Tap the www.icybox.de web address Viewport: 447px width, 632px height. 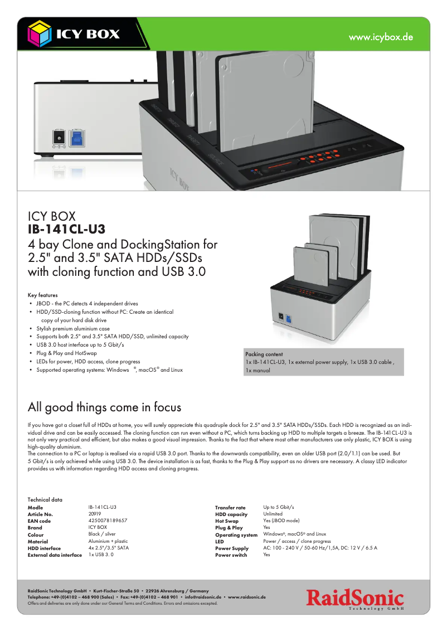(381, 37)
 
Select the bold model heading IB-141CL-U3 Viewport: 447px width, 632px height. (67, 229)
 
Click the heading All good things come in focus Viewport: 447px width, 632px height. (104, 407)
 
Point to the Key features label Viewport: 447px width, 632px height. (42, 295)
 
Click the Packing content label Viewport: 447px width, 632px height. (264, 354)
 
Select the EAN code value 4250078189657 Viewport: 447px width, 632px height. (108, 521)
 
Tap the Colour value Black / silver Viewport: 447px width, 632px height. (102, 534)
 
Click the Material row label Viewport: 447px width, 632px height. (38, 541)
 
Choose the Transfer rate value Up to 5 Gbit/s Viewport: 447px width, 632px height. (278, 507)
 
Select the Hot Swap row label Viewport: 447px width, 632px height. (227, 521)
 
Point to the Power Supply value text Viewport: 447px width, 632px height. (320, 548)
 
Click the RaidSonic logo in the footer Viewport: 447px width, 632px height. (354, 599)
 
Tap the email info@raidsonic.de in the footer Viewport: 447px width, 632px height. (203, 596)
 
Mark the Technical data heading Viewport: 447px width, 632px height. (45, 500)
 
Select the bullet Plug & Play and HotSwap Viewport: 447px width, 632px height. (66, 353)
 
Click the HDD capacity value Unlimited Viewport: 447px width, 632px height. (273, 514)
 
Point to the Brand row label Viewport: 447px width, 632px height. (35, 527)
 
